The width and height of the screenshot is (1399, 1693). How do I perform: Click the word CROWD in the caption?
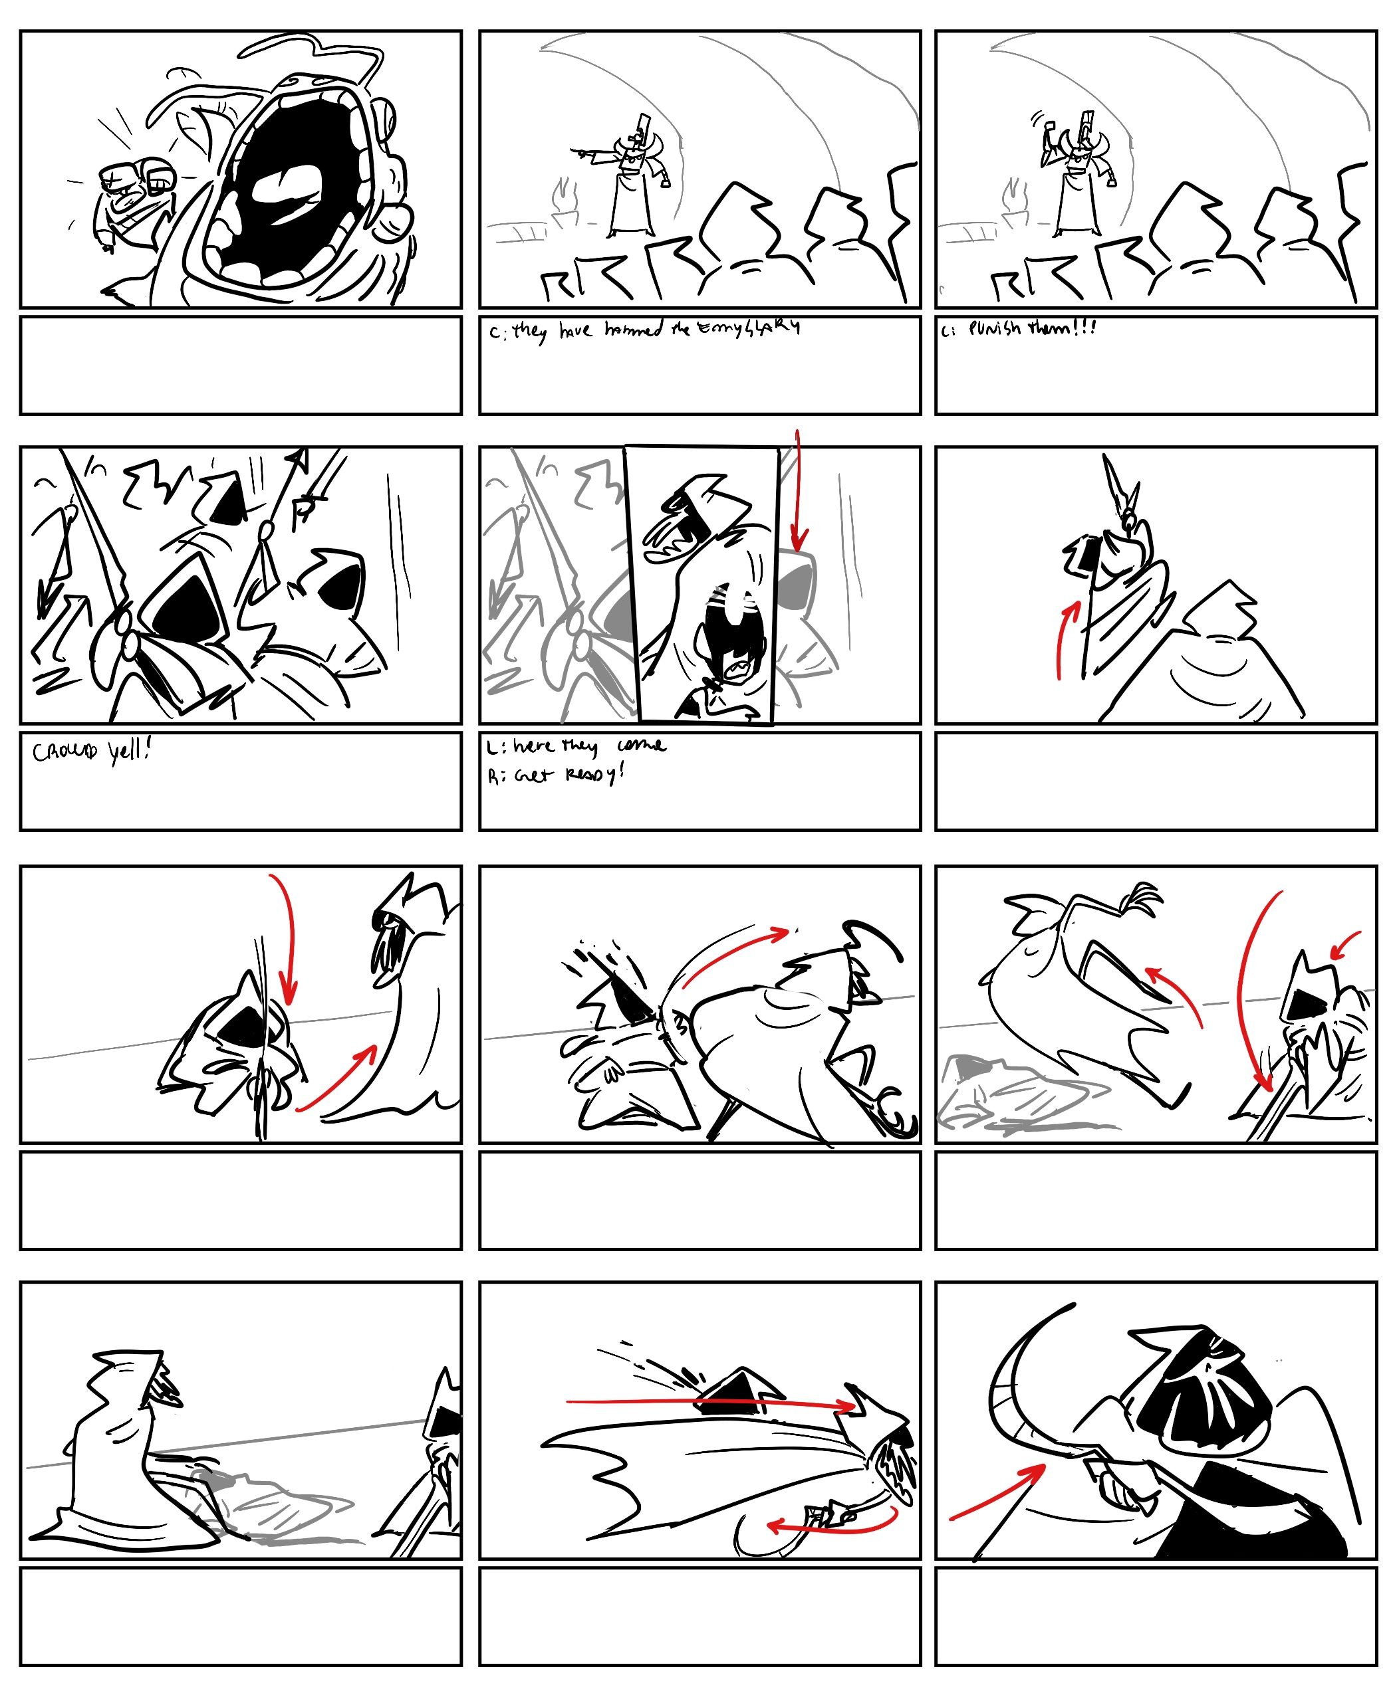[64, 751]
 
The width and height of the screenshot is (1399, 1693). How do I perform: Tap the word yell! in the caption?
[129, 751]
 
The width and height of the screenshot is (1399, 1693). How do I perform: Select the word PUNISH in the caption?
[995, 328]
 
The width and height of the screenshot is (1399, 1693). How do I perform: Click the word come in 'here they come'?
[642, 745]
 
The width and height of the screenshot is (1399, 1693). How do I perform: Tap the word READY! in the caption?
[594, 775]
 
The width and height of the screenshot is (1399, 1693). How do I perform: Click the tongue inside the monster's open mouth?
[286, 193]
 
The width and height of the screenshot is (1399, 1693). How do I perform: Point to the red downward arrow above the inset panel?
[798, 491]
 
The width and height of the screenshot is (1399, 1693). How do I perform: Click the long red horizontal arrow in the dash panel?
[709, 1403]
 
